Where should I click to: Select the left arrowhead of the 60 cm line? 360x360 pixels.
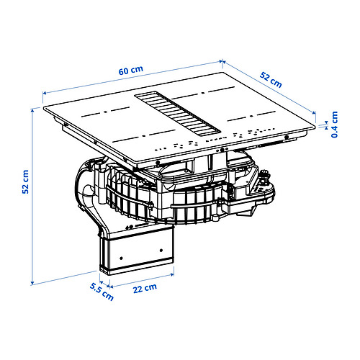click(45, 93)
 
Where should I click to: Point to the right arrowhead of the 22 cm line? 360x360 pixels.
click(174, 273)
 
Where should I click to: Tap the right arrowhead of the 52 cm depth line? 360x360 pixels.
click(315, 111)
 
